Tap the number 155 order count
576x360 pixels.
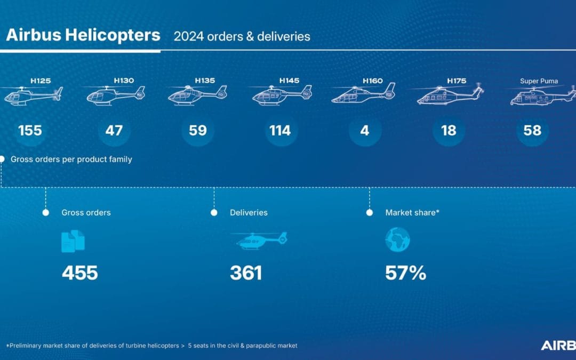tap(30, 131)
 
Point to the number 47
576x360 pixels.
tap(114, 131)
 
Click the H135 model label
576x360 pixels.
tap(205, 81)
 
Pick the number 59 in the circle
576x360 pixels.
tap(198, 131)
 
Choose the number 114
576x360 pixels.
tap(280, 131)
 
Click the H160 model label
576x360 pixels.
tap(373, 81)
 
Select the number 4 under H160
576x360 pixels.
tap(365, 131)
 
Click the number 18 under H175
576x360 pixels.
tap(449, 131)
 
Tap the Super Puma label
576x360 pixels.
tap(539, 81)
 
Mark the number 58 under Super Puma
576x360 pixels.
tap(532, 131)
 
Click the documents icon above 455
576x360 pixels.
tap(73, 241)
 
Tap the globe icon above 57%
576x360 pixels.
tap(397, 240)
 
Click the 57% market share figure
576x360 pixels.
tap(405, 273)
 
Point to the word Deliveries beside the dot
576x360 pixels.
tap(249, 212)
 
